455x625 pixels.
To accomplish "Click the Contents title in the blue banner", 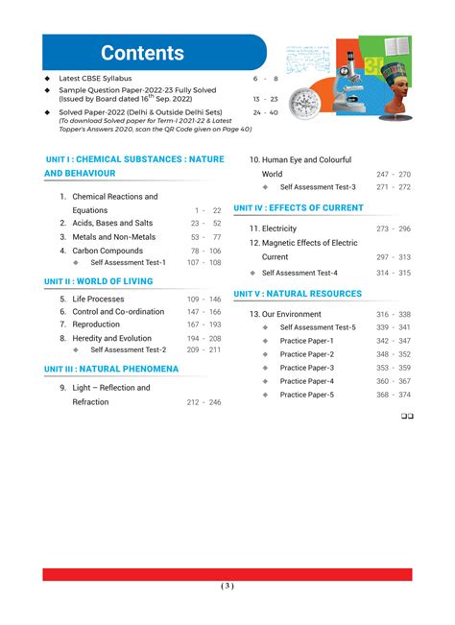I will click(x=142, y=54).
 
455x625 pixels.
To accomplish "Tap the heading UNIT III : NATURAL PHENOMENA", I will click(x=111, y=369).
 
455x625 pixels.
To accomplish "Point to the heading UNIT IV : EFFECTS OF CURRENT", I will click(x=299, y=207).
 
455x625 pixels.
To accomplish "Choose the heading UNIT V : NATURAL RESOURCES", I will click(x=298, y=294).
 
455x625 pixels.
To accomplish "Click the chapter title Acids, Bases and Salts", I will click(x=112, y=223).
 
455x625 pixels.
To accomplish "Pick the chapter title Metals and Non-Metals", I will click(x=113, y=236).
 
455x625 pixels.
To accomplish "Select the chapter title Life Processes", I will click(x=98, y=299).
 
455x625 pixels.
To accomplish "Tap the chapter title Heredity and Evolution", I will click(x=111, y=338).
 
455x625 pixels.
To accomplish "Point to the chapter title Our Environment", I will click(x=286, y=314).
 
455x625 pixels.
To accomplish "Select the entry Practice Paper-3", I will click(x=307, y=368).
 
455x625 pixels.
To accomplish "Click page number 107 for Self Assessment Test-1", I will click(x=194, y=262).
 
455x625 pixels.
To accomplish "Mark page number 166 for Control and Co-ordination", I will click(x=214, y=312).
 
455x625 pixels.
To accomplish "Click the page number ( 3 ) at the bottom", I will click(x=227, y=585).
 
